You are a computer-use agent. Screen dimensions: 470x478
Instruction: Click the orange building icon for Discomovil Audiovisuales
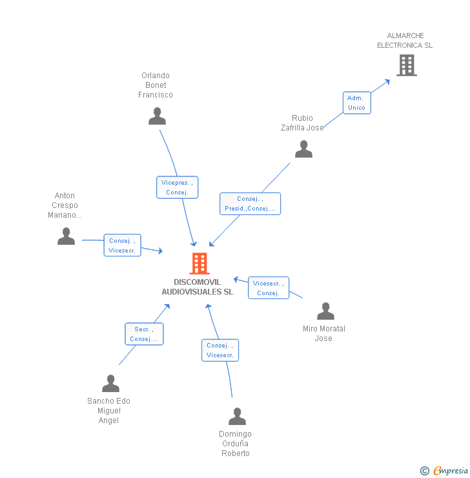199,264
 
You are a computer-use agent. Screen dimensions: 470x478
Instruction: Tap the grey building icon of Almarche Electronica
406,65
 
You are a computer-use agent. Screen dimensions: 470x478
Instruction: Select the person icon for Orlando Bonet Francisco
157,116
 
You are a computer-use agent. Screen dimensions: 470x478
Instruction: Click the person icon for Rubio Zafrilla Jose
303,149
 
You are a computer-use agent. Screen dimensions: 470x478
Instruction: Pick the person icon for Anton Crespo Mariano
66,236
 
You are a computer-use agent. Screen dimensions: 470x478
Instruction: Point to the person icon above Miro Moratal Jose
325,311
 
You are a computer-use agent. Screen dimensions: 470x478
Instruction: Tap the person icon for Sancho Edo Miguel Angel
110,384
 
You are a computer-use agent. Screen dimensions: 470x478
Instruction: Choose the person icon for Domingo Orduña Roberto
237,417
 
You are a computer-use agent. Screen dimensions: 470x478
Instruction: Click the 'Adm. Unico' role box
356,103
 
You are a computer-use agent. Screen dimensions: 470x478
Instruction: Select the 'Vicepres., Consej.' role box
177,187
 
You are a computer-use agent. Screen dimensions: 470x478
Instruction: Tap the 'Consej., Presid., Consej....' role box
250,203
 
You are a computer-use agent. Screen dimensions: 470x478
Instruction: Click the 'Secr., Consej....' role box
144,334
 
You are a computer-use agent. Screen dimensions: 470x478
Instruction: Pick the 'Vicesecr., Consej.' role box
268,288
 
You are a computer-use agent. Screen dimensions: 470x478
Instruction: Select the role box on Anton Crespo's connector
122,245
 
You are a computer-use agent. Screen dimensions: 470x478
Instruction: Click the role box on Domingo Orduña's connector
220,350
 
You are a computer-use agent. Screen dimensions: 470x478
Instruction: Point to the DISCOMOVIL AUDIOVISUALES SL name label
197,287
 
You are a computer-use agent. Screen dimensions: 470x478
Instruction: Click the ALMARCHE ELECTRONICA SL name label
405,41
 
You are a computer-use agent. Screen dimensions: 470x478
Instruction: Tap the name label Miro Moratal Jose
324,333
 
